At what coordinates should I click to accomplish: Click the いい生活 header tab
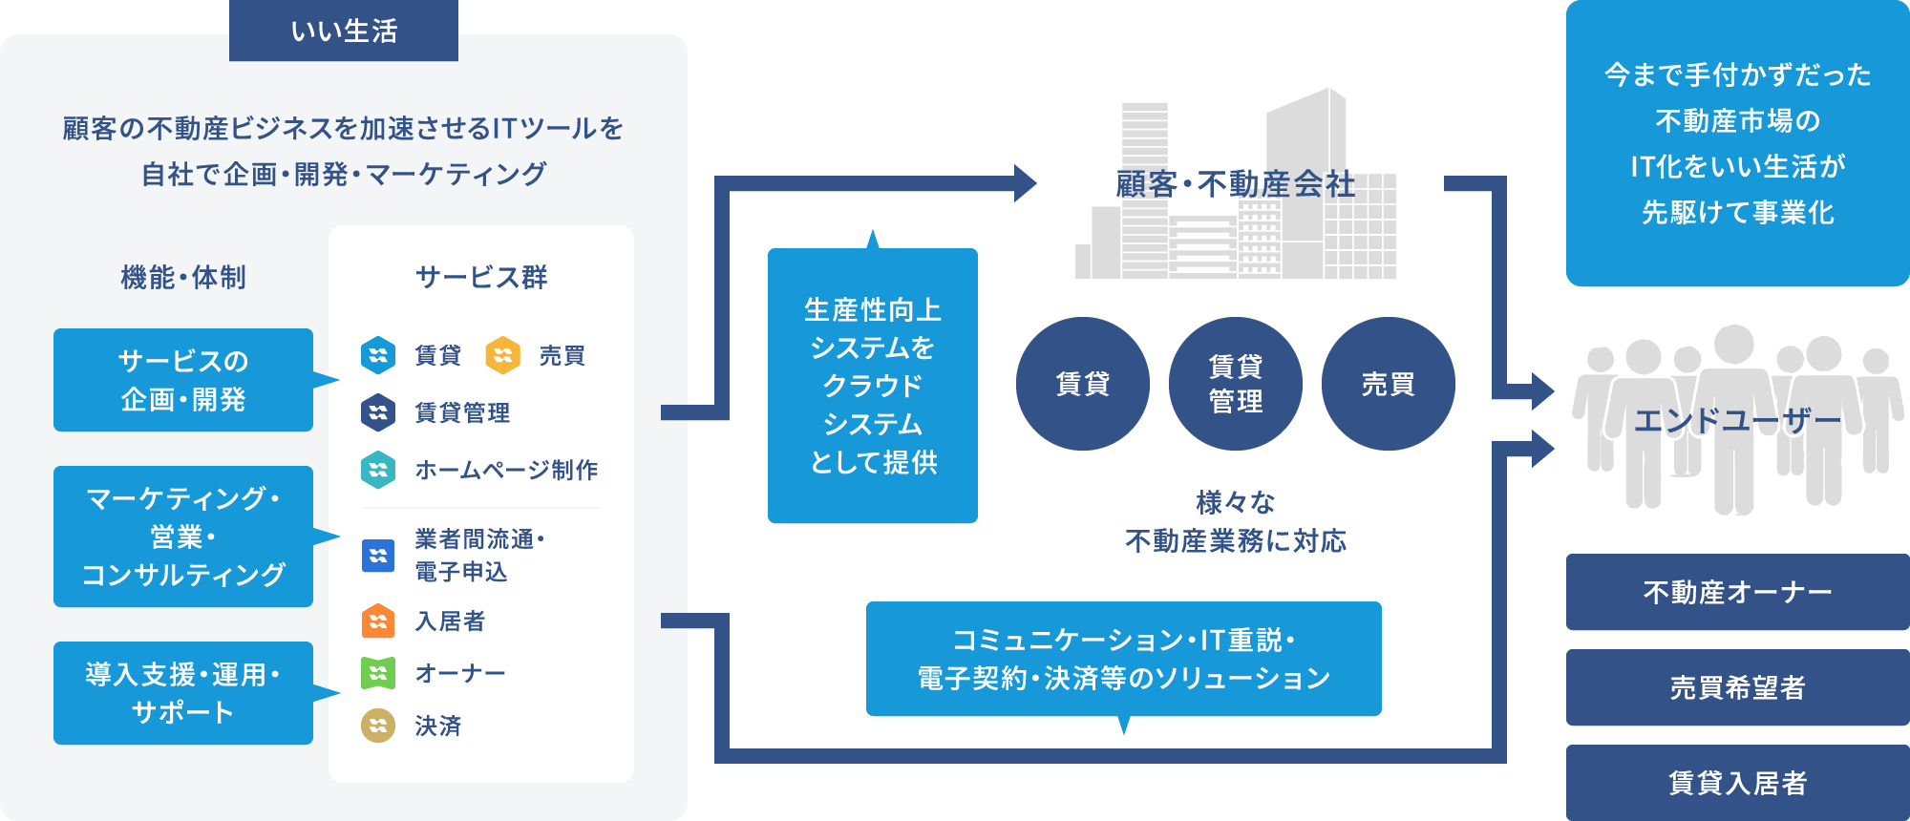(x=344, y=31)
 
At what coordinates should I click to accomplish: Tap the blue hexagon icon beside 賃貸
(x=378, y=355)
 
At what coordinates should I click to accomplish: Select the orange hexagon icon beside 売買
(x=502, y=355)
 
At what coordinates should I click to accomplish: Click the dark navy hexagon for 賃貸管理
(x=378, y=412)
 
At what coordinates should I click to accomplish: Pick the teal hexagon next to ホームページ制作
(x=378, y=470)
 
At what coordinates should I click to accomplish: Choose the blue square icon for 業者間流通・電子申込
(x=378, y=556)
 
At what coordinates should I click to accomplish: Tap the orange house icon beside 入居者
(x=378, y=621)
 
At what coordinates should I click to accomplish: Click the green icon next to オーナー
(x=378, y=673)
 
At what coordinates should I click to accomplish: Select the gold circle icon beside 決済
(x=378, y=726)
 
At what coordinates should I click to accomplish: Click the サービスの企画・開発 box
(x=183, y=380)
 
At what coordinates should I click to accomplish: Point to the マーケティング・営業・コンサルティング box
(x=183, y=537)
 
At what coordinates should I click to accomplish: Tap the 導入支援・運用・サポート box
(x=183, y=693)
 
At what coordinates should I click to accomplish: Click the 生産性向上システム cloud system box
(x=873, y=386)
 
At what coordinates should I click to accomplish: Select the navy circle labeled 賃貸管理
(x=1236, y=384)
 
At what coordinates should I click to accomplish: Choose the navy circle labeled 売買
(x=1389, y=384)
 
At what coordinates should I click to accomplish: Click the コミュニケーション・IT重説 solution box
(x=1124, y=659)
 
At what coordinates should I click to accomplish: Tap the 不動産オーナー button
(x=1738, y=592)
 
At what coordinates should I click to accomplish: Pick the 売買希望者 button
(x=1738, y=687)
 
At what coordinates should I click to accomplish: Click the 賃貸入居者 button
(x=1738, y=783)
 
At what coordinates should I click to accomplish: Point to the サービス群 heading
(x=481, y=277)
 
